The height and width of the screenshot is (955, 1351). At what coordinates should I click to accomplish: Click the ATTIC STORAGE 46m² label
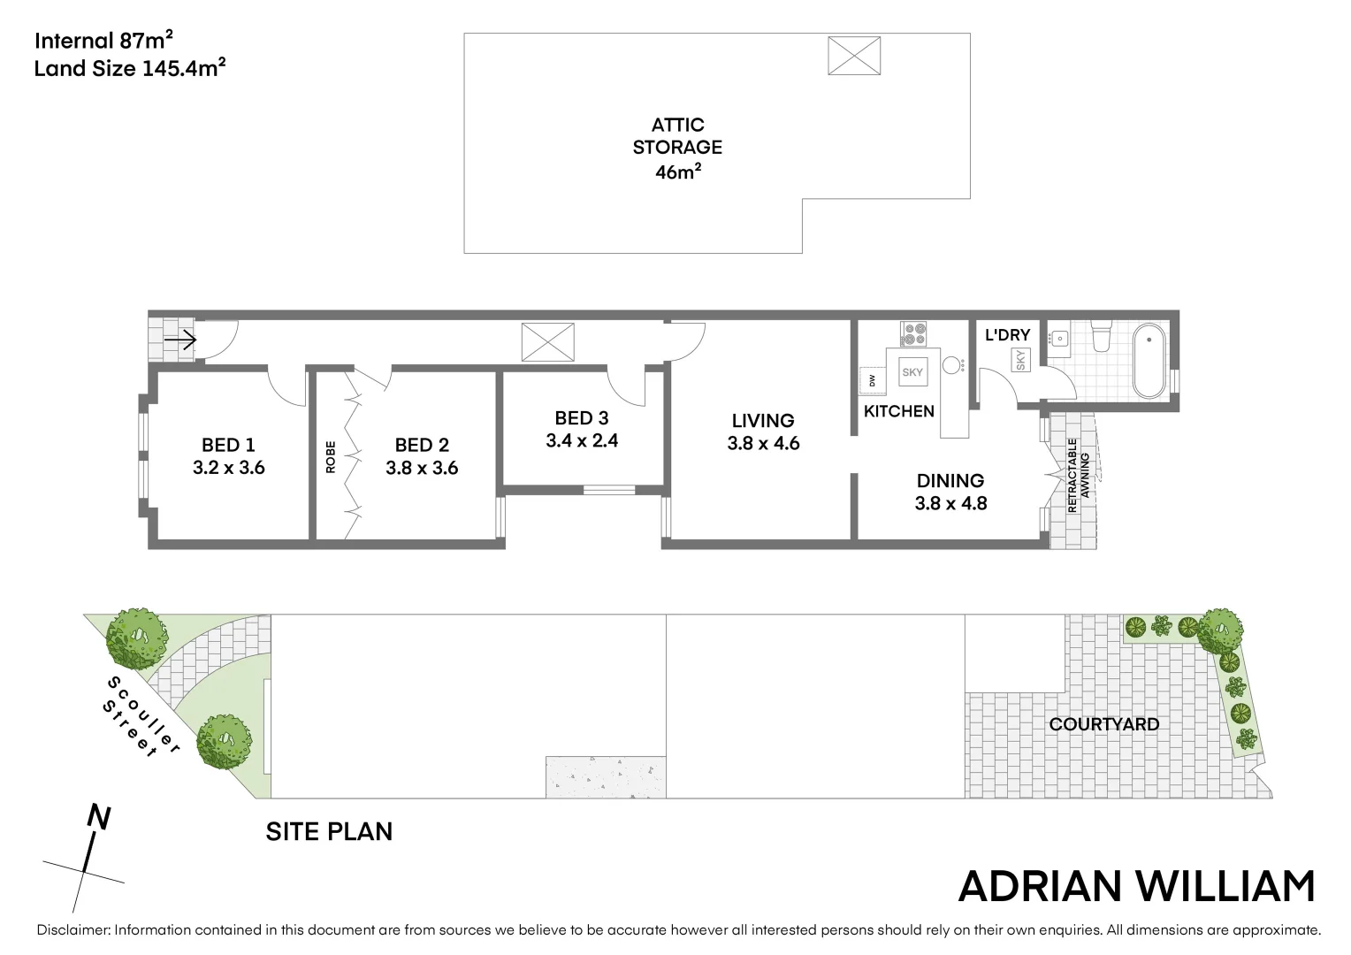[677, 148]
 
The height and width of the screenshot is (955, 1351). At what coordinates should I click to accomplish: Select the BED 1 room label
[228, 445]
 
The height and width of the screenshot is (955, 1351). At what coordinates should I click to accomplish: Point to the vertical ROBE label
[331, 456]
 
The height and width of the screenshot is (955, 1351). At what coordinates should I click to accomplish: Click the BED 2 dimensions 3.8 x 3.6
[422, 468]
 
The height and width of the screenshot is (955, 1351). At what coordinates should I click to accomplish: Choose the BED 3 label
[581, 418]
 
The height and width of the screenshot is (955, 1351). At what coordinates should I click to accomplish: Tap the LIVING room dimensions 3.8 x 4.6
[763, 444]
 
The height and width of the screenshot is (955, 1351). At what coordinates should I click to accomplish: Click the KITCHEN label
[898, 411]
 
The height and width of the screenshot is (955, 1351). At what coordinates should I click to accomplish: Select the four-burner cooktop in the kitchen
[913, 333]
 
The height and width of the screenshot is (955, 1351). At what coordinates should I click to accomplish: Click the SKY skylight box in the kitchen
[912, 372]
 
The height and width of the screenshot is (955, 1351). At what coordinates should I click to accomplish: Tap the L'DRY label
[1007, 335]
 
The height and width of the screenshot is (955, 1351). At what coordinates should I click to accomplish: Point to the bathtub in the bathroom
[1149, 361]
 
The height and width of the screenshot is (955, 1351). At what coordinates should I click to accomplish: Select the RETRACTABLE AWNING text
[1079, 476]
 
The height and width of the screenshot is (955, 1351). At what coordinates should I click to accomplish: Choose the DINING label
[950, 481]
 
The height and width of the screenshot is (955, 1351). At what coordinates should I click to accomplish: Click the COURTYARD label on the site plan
[1103, 724]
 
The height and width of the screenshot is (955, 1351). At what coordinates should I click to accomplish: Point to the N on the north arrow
[99, 818]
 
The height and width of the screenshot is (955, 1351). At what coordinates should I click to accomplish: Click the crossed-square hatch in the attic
[854, 56]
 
